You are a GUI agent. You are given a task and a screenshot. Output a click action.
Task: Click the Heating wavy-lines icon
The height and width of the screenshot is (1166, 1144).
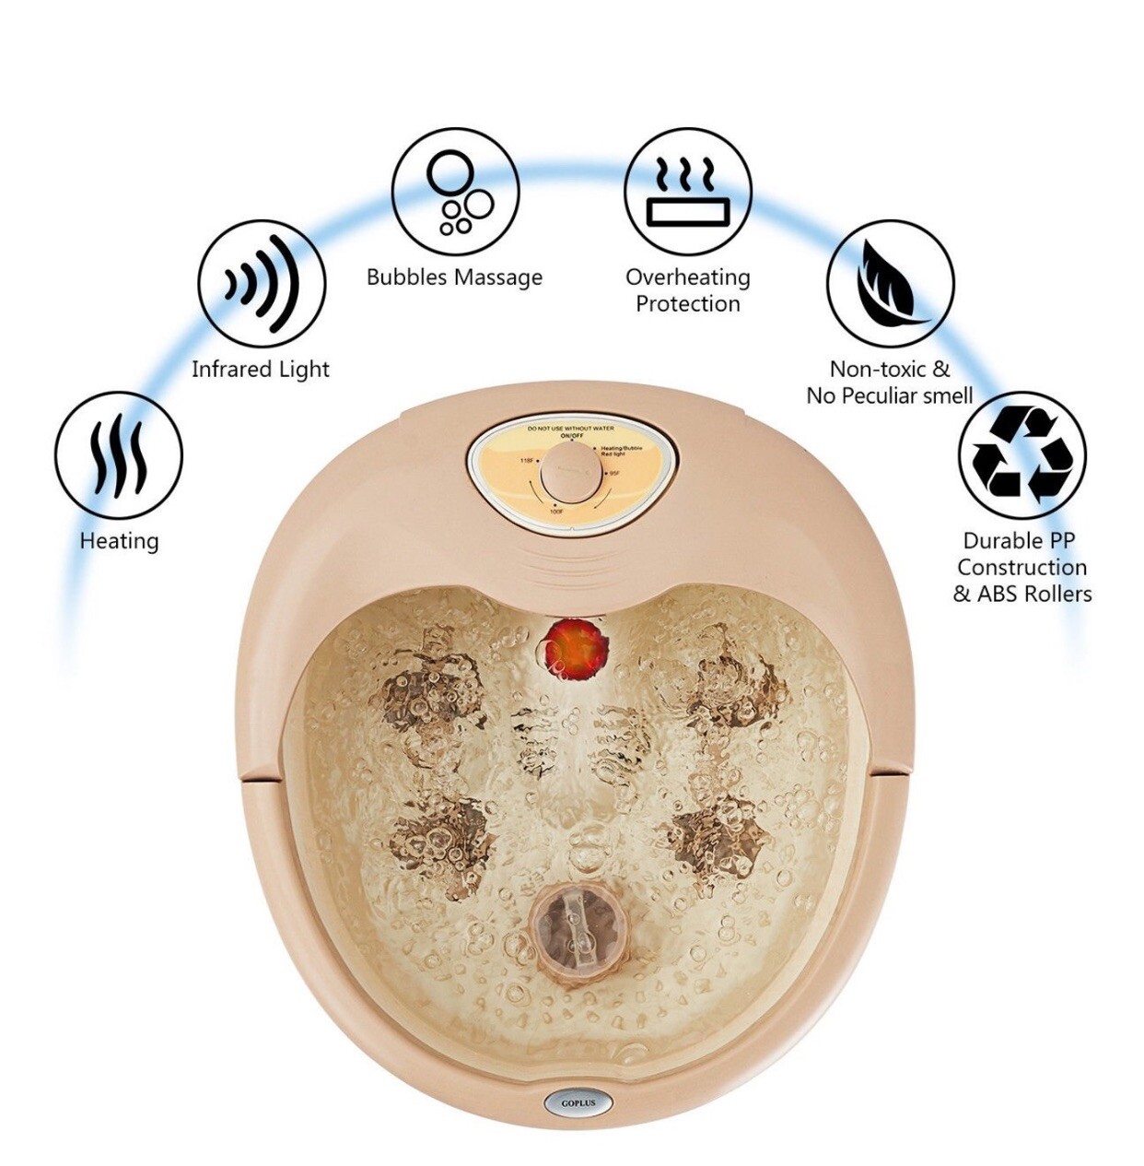coord(118,456)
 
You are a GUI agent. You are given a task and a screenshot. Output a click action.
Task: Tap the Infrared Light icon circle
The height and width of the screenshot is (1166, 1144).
coord(263,283)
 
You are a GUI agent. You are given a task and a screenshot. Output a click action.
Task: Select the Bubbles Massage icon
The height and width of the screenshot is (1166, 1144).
coord(455,192)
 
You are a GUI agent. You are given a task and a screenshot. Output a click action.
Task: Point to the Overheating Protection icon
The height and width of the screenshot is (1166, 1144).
coord(687,192)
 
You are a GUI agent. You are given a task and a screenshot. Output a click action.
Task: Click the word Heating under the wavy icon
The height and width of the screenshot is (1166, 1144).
coord(119,540)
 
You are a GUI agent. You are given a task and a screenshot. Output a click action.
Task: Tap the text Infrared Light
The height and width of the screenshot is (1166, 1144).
coord(261,370)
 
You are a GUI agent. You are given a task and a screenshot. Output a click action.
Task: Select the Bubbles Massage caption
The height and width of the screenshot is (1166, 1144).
coord(455,277)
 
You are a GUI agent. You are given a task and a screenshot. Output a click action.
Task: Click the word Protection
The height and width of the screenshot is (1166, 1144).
coord(688,304)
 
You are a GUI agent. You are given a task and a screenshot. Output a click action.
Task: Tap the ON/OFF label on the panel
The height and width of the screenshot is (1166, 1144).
coord(572,435)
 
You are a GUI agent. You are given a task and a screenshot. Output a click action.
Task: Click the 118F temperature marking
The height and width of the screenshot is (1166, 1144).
coord(527,459)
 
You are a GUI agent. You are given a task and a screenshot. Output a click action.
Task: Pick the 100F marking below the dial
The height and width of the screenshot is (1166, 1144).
coord(556,510)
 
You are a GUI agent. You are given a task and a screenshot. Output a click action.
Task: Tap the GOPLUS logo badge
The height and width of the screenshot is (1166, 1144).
coord(578,1102)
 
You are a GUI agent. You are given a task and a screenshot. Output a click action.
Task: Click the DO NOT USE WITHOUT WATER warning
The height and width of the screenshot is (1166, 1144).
coord(571,429)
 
